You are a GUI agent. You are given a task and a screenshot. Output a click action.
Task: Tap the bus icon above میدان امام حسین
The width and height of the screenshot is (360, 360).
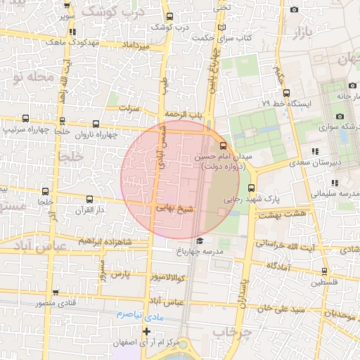224,146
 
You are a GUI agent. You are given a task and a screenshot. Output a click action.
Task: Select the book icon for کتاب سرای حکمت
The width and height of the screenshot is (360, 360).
223,27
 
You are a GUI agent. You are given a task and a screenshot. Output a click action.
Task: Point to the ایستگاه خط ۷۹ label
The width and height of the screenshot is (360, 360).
286,103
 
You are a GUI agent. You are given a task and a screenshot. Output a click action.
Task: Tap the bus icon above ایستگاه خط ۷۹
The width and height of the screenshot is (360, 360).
286,92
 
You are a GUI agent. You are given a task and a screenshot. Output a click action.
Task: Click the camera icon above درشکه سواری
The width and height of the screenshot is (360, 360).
340,116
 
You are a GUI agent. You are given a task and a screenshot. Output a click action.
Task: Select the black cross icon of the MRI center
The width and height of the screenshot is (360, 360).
146,331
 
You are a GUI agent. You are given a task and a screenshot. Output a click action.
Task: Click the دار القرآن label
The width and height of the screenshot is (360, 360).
90,210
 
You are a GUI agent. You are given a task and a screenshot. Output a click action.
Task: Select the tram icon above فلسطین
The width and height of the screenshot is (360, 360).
324,271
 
